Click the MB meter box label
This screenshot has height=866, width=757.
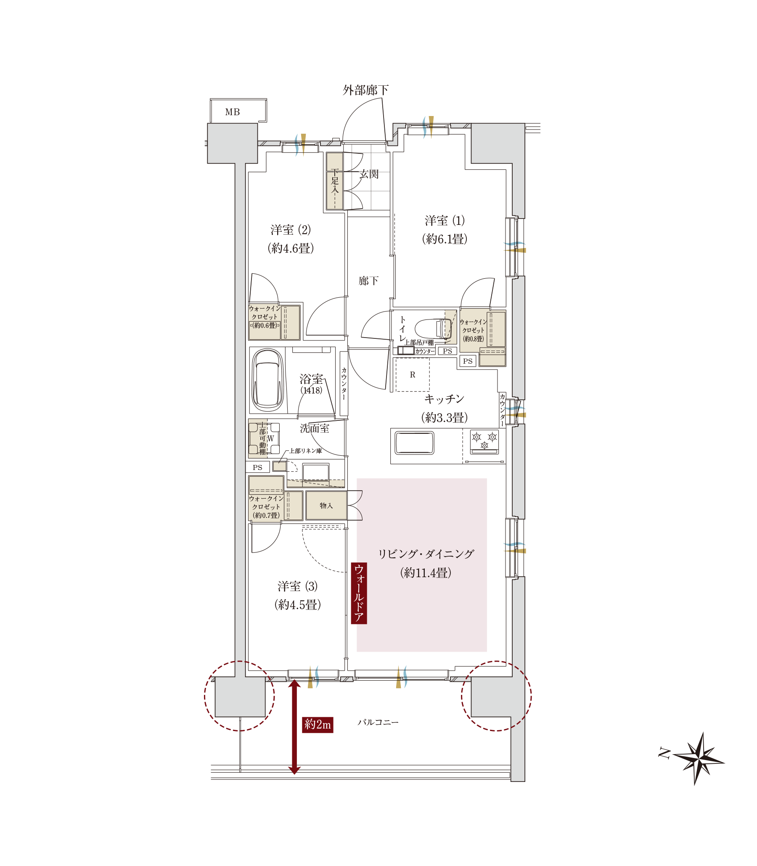pyautogui.click(x=232, y=112)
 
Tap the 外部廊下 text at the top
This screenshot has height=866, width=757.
pyautogui.click(x=365, y=90)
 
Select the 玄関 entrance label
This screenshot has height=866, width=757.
pyautogui.click(x=369, y=174)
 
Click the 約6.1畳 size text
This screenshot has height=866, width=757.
pyautogui.click(x=445, y=239)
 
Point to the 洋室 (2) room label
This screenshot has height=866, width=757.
pyautogui.click(x=291, y=230)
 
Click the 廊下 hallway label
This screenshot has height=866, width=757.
pyautogui.click(x=368, y=281)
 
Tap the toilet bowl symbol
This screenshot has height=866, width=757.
pyautogui.click(x=433, y=328)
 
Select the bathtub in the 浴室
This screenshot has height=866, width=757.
pyautogui.click(x=267, y=380)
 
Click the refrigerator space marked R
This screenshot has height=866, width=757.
pyautogui.click(x=412, y=375)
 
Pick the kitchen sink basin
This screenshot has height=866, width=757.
pyautogui.click(x=414, y=443)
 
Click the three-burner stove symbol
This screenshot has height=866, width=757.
pyautogui.click(x=484, y=441)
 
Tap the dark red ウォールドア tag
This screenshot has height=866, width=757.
pyautogui.click(x=359, y=593)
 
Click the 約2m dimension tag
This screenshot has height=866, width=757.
pyautogui.click(x=318, y=725)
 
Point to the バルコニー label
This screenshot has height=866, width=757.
pyautogui.click(x=378, y=723)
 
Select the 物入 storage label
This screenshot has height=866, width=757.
pyautogui.click(x=326, y=505)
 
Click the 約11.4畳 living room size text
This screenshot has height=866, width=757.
pyautogui.click(x=426, y=573)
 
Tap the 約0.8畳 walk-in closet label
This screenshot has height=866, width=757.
pyautogui.click(x=473, y=339)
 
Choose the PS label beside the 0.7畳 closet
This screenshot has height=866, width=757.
pyautogui.click(x=257, y=467)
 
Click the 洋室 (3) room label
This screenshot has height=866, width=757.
pyautogui.click(x=297, y=586)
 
